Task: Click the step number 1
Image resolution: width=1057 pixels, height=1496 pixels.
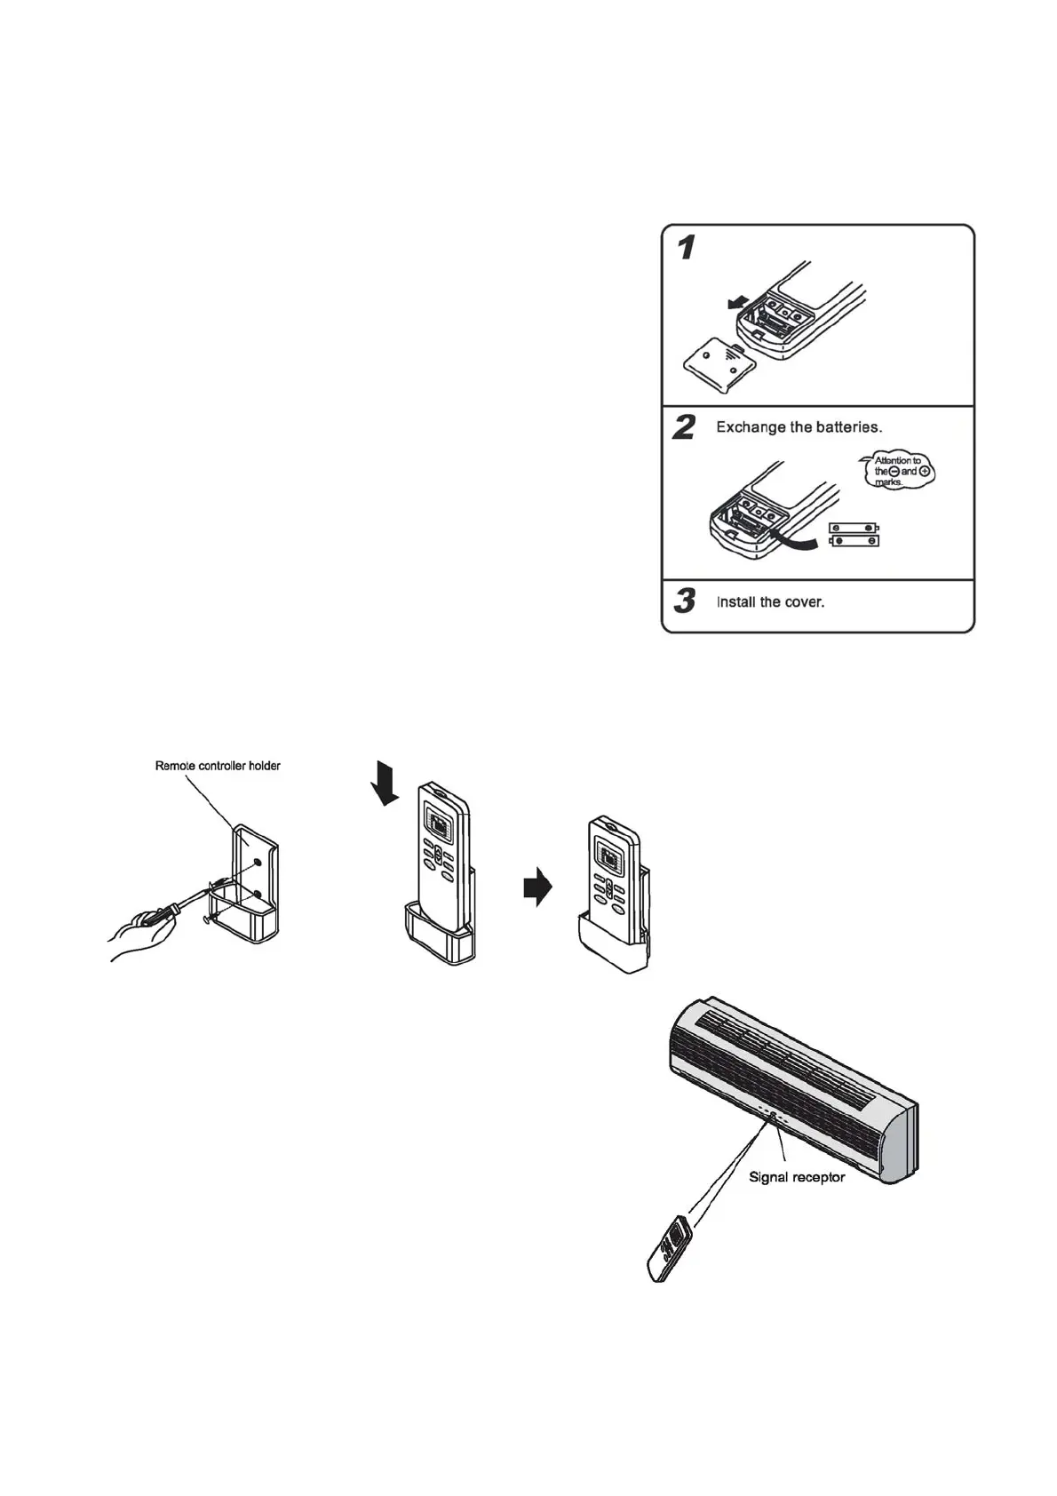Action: click(686, 248)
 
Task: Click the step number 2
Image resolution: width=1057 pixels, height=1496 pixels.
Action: click(684, 428)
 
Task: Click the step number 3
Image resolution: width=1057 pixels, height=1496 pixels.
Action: click(684, 601)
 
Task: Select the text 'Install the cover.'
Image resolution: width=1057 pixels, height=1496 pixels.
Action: click(770, 602)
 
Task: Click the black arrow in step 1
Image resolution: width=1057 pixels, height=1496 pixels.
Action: click(735, 305)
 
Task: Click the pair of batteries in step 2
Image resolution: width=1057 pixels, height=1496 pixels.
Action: click(854, 534)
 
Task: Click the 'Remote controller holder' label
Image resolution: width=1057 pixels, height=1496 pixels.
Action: click(218, 766)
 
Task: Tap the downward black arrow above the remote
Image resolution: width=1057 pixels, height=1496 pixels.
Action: click(385, 782)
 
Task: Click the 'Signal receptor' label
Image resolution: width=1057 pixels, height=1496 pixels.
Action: click(797, 1177)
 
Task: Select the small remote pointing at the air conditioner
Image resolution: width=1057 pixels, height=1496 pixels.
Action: click(671, 1247)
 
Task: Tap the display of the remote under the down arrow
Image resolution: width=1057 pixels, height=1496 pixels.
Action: click(439, 825)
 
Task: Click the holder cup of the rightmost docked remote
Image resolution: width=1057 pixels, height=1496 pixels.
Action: click(614, 946)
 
